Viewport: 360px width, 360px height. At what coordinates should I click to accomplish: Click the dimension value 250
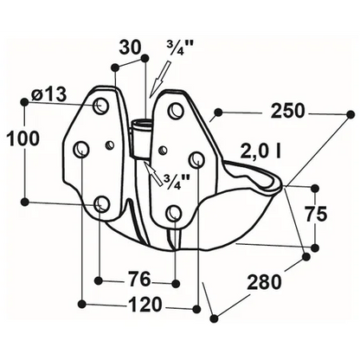tap(287, 111)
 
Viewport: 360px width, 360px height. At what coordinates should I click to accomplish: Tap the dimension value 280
tap(264, 282)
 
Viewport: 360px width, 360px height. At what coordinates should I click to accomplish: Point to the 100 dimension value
tap(22, 138)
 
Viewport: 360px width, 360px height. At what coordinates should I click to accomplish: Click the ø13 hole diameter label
tap(49, 93)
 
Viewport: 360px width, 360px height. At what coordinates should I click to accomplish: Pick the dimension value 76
tap(139, 279)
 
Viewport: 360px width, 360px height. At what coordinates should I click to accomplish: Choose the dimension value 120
tap(145, 305)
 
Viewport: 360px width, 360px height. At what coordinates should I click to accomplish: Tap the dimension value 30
tap(130, 48)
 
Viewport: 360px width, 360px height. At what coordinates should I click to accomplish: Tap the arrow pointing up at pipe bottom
tap(153, 174)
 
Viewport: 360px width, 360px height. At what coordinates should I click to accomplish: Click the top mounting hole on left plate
tap(100, 106)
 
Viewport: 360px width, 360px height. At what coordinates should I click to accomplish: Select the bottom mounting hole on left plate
tap(101, 203)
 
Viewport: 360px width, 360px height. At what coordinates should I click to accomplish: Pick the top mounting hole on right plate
tap(176, 109)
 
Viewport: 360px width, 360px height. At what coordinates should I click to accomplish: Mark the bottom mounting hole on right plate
tap(175, 212)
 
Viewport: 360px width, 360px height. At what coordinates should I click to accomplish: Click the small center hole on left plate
tap(110, 145)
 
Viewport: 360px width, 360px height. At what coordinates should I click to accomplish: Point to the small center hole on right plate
tap(164, 150)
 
